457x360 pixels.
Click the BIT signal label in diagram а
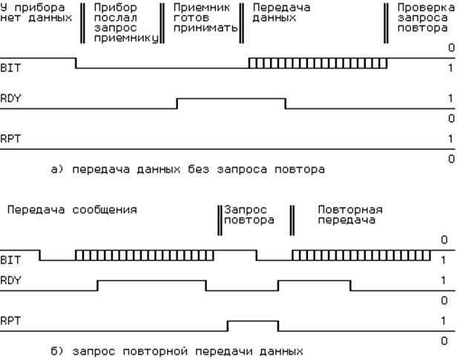coord(10,68)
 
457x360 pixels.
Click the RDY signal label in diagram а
coord(10,99)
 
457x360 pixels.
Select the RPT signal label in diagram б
coord(10,321)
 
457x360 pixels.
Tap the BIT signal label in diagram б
coord(10,260)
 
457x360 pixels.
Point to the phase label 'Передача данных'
coord(281,13)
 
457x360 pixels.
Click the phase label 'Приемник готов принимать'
coord(206,18)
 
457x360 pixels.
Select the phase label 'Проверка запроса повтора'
coord(426,18)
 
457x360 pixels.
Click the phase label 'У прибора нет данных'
coord(36,13)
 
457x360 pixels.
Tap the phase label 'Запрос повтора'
coord(249,215)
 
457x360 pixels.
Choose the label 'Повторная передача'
coord(350,215)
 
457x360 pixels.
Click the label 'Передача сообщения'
coord(72,210)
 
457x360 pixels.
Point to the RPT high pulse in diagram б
coord(253,321)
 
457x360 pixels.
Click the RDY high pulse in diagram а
coord(231,99)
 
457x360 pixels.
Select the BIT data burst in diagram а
coord(318,63)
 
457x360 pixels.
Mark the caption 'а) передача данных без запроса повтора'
coord(188,169)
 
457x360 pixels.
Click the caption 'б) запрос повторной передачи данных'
coord(177,351)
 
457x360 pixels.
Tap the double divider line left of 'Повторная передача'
coord(292,220)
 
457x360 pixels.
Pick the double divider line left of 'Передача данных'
coord(242,23)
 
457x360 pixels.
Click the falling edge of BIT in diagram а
coord(76,63)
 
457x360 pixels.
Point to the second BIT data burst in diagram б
coord(361,255)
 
